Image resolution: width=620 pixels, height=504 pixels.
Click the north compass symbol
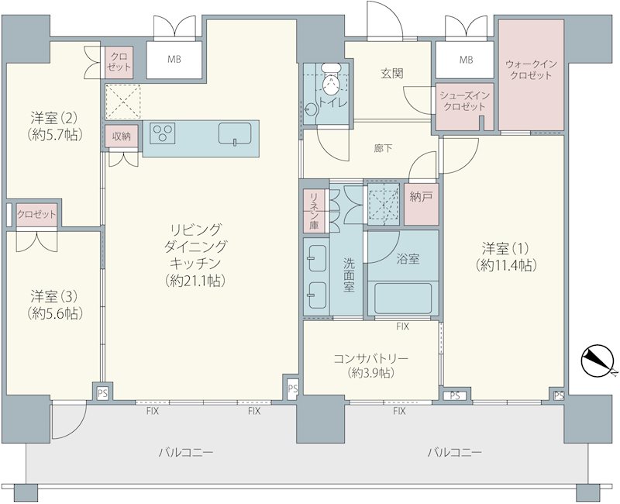point(597,361)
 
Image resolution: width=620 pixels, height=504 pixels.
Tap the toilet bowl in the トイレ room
point(331,81)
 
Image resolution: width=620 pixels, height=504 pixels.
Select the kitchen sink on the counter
point(235,133)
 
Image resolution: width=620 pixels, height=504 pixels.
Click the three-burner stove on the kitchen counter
point(163,133)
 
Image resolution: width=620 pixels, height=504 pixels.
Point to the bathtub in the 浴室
point(402,299)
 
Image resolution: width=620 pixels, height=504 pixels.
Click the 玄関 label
point(392,73)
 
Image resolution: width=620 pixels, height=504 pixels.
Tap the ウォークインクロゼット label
point(531,70)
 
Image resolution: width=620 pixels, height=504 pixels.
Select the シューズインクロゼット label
point(464,102)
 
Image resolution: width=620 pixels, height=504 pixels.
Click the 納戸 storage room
point(422,204)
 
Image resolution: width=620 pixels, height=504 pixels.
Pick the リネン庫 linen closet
point(315,210)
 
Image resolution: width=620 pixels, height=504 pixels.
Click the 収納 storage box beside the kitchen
point(122,136)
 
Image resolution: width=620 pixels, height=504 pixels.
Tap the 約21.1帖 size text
point(196,281)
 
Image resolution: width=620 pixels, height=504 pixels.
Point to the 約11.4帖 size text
point(506,265)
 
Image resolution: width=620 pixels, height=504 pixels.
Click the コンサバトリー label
point(371,358)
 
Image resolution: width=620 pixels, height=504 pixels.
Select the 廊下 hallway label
point(383,148)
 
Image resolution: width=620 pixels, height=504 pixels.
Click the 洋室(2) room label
point(55,118)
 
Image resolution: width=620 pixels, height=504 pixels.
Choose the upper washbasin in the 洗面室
point(317,258)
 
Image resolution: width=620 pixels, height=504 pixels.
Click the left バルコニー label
point(186,452)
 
